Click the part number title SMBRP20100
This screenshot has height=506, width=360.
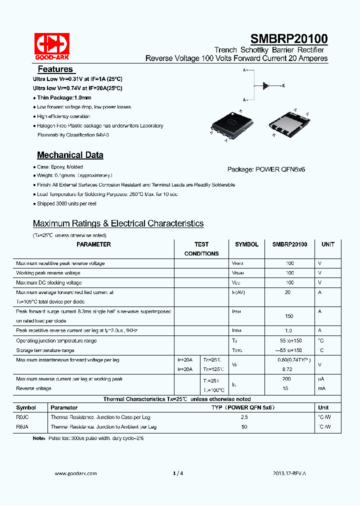tap(288, 39)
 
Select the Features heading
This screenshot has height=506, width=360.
tap(55, 69)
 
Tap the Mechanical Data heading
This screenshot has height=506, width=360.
tap(70, 155)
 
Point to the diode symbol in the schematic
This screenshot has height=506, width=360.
tap(266, 86)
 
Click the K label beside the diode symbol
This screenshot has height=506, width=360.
tap(283, 86)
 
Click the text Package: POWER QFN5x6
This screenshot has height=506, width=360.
tap(266, 169)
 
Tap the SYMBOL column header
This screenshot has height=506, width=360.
tap(246, 244)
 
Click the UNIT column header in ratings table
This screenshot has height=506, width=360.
tap(328, 244)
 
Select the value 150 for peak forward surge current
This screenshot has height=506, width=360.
tap(289, 316)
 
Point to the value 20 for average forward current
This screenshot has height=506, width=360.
tap(287, 292)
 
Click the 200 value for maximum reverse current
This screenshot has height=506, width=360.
tap(286, 379)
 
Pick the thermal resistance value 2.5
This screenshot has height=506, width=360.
tap(244, 417)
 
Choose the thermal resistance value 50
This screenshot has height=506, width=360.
tap(244, 427)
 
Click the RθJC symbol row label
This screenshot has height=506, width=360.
tap(22, 417)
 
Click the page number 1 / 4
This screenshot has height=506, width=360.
tap(178, 473)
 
